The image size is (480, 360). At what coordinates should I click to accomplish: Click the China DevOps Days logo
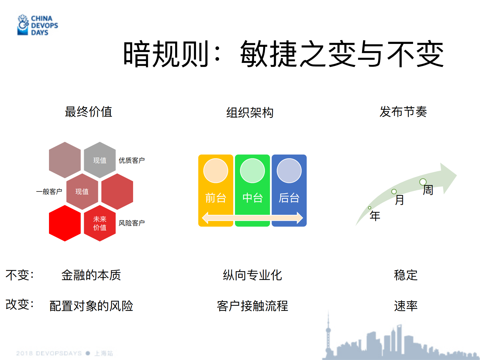coord(38,25)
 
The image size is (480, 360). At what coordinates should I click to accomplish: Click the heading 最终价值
coord(89,112)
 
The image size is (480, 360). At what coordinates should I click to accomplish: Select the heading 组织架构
coord(250,113)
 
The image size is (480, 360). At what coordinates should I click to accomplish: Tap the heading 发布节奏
coord(403,112)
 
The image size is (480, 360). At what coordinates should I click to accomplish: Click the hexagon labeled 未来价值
coord(100,223)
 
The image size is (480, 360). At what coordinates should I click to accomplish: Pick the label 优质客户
coord(132,160)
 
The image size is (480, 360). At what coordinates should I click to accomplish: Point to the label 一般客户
coord(49,191)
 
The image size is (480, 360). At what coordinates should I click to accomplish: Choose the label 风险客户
coord(132,223)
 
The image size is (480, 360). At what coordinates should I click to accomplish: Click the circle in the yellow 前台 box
coord(216,171)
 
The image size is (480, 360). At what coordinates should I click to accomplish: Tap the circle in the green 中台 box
coord(252,171)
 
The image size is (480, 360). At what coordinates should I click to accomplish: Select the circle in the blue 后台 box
coord(289,171)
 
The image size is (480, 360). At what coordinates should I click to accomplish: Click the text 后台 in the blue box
coord(289,198)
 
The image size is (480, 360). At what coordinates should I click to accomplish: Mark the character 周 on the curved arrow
coord(428,190)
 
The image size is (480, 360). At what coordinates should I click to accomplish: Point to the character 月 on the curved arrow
coord(400,200)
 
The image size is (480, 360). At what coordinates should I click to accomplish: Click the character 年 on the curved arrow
coord(375,216)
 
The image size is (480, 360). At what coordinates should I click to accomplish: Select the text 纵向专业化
coord(252,275)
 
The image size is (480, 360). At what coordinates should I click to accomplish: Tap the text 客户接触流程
coord(252,306)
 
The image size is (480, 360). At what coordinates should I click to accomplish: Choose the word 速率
coord(406,306)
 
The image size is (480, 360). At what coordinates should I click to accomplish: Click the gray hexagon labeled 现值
coord(100,160)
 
